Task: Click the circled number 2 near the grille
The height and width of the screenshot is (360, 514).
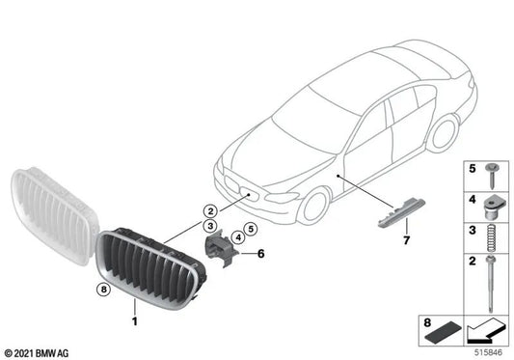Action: (208, 209)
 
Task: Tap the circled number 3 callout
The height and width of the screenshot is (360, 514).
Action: (208, 225)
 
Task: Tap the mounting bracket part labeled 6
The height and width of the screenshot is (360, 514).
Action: (223, 250)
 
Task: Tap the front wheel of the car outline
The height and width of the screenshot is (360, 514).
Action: (314, 207)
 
